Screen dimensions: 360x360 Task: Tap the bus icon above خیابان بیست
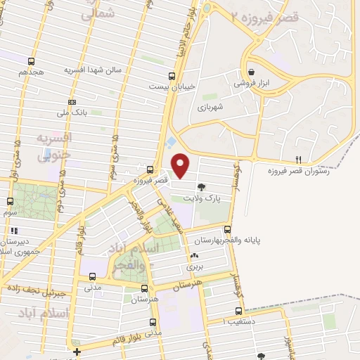coord(172,76)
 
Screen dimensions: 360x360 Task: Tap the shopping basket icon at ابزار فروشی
coord(252,71)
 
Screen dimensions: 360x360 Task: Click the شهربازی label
coord(210,107)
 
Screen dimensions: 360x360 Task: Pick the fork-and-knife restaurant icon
coord(299,160)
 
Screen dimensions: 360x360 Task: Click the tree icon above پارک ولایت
coord(202,187)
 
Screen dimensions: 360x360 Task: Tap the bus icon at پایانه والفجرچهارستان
coord(227,229)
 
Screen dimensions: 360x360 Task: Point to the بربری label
coord(194,266)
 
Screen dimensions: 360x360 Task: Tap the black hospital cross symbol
coord(77,351)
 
